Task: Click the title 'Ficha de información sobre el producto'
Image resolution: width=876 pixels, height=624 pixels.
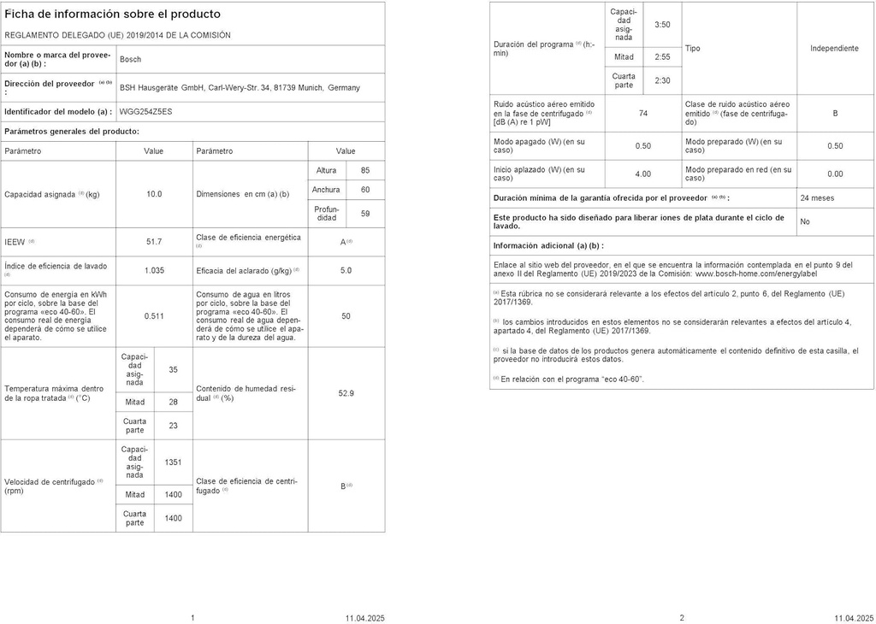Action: pyautogui.click(x=112, y=15)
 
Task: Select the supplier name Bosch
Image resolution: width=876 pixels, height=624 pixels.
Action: pyautogui.click(x=130, y=59)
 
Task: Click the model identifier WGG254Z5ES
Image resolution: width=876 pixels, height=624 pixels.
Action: pyautogui.click(x=145, y=111)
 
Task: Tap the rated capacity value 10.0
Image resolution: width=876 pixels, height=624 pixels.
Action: pyautogui.click(x=154, y=194)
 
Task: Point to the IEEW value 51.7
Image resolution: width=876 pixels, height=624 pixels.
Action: pyautogui.click(x=154, y=242)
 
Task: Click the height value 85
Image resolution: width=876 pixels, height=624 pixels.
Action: pyautogui.click(x=365, y=171)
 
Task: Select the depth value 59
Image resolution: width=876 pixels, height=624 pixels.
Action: pyautogui.click(x=365, y=214)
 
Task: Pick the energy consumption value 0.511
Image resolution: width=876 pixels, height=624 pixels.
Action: pyautogui.click(x=154, y=316)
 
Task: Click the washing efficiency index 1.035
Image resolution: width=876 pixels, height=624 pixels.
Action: pyautogui.click(x=154, y=270)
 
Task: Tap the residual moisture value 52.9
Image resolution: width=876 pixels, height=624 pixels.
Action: pyautogui.click(x=346, y=393)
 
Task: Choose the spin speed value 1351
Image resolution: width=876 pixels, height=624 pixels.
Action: pyautogui.click(x=174, y=462)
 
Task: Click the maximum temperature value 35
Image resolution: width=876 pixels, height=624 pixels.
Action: pyautogui.click(x=174, y=370)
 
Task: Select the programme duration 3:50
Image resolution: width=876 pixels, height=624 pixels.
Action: pyautogui.click(x=662, y=25)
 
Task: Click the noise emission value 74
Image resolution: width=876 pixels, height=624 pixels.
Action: pyautogui.click(x=643, y=113)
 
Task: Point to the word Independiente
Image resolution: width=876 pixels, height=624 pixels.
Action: pyautogui.click(x=834, y=49)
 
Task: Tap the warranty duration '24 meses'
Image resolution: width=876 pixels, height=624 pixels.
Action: pyautogui.click(x=817, y=197)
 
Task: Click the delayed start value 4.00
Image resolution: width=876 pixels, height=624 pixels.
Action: pyautogui.click(x=643, y=174)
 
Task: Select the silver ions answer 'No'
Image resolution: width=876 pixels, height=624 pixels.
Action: pyautogui.click(x=805, y=221)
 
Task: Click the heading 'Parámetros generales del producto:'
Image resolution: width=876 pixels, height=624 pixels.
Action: pyautogui.click(x=72, y=132)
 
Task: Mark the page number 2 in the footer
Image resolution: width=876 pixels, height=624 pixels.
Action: pyautogui.click(x=682, y=617)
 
